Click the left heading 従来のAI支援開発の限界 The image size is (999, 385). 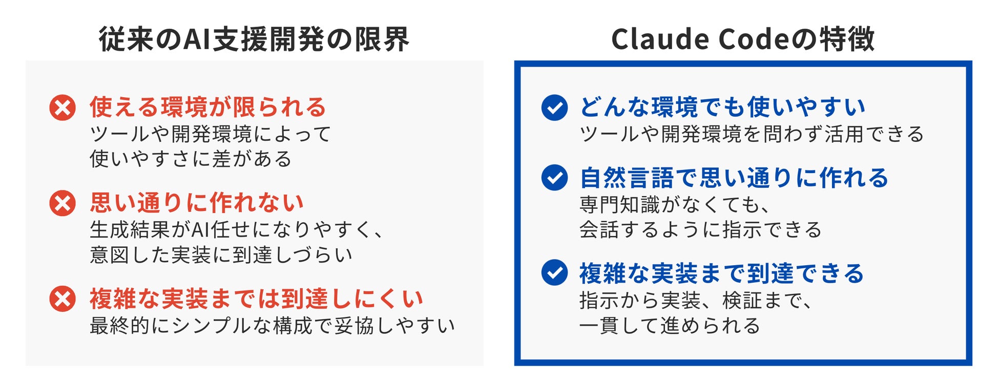click(254, 39)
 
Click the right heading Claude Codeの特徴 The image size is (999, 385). click(743, 39)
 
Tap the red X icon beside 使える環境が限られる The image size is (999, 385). click(63, 108)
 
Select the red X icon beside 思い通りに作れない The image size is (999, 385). click(63, 203)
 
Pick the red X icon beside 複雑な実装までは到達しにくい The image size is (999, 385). click(63, 299)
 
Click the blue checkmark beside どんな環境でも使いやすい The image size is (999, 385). click(554, 108)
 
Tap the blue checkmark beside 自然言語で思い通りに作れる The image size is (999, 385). click(554, 178)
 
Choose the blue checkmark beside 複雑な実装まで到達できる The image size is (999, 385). click(554, 273)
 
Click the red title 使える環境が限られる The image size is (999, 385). click(208, 107)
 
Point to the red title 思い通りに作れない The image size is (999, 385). click(197, 203)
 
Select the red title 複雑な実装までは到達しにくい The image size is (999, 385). click(256, 298)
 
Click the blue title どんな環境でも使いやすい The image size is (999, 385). click(722, 107)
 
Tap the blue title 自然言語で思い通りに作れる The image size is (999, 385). click(734, 178)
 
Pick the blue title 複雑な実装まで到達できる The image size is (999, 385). click(721, 273)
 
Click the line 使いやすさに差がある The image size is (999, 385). click(191, 159)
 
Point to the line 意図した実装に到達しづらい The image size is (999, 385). click(221, 254)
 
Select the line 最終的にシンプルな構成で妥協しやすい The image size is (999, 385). click(273, 326)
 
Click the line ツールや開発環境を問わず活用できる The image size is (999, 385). click(752, 134)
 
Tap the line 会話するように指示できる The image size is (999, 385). click(700, 229)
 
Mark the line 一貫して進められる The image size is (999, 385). click(670, 326)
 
